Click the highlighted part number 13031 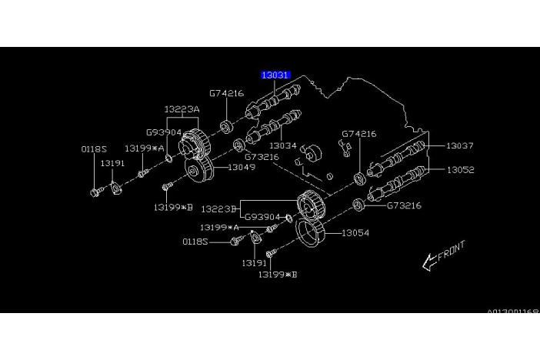pyautogui.click(x=275, y=75)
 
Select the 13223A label pyautogui.click(x=182, y=110)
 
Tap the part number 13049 pyautogui.click(x=242, y=165)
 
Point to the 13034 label pyautogui.click(x=282, y=145)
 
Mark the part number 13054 pyautogui.click(x=355, y=232)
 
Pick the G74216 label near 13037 pyautogui.click(x=359, y=134)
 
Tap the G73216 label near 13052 pyautogui.click(x=405, y=205)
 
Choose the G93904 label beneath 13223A pyautogui.click(x=164, y=131)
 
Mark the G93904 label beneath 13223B pyautogui.click(x=261, y=218)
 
